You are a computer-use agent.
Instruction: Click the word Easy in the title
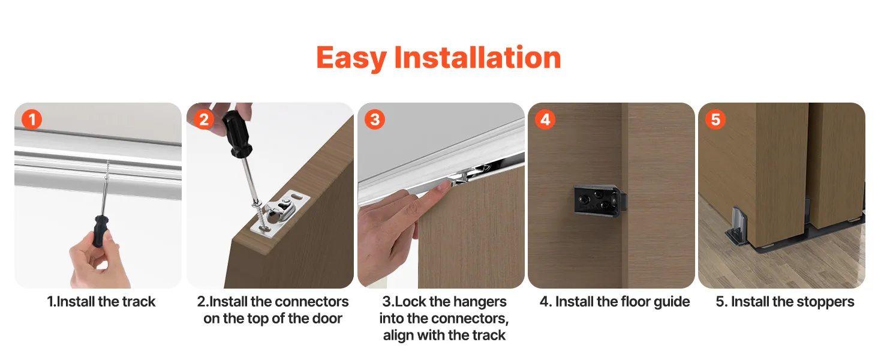click(x=351, y=58)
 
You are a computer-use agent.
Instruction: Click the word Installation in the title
click(x=477, y=57)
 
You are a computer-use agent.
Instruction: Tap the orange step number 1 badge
click(x=32, y=119)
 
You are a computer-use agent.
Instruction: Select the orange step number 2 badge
click(x=204, y=119)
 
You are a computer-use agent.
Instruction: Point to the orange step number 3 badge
click(x=375, y=119)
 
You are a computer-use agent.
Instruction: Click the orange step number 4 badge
click(x=545, y=119)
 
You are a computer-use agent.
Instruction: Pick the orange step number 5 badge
click(x=715, y=119)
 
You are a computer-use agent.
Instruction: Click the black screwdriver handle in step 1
click(x=100, y=230)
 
